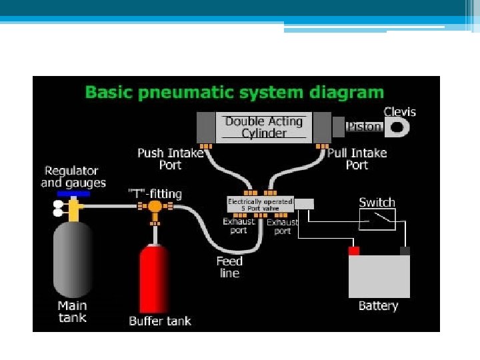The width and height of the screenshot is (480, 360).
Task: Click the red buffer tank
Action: click(154, 279)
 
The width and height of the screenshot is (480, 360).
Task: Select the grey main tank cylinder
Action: click(73, 259)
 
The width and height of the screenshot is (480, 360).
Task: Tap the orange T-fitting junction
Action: click(155, 207)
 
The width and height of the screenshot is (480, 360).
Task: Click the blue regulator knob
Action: click(73, 194)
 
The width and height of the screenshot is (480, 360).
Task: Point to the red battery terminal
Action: click(354, 251)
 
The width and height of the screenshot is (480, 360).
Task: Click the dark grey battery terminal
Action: click(405, 251)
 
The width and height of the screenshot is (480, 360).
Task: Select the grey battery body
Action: click(379, 277)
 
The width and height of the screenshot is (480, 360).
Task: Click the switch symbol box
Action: click(377, 219)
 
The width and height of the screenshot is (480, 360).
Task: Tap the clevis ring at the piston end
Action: click(397, 127)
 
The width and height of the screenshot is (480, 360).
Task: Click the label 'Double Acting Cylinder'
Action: click(264, 127)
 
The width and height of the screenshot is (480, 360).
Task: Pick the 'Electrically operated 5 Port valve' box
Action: click(260, 205)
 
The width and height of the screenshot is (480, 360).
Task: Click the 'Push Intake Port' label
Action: click(171, 159)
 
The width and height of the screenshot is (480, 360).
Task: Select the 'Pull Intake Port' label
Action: click(357, 159)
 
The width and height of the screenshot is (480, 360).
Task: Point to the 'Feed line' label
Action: click(229, 267)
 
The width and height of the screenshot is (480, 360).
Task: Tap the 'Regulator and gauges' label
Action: click(73, 177)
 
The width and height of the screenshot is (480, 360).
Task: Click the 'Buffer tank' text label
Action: click(160, 321)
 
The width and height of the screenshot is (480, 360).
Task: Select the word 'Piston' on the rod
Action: click(364, 127)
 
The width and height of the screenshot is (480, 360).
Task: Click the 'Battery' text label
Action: click(379, 306)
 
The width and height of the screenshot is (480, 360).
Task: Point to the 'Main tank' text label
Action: click(72, 311)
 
